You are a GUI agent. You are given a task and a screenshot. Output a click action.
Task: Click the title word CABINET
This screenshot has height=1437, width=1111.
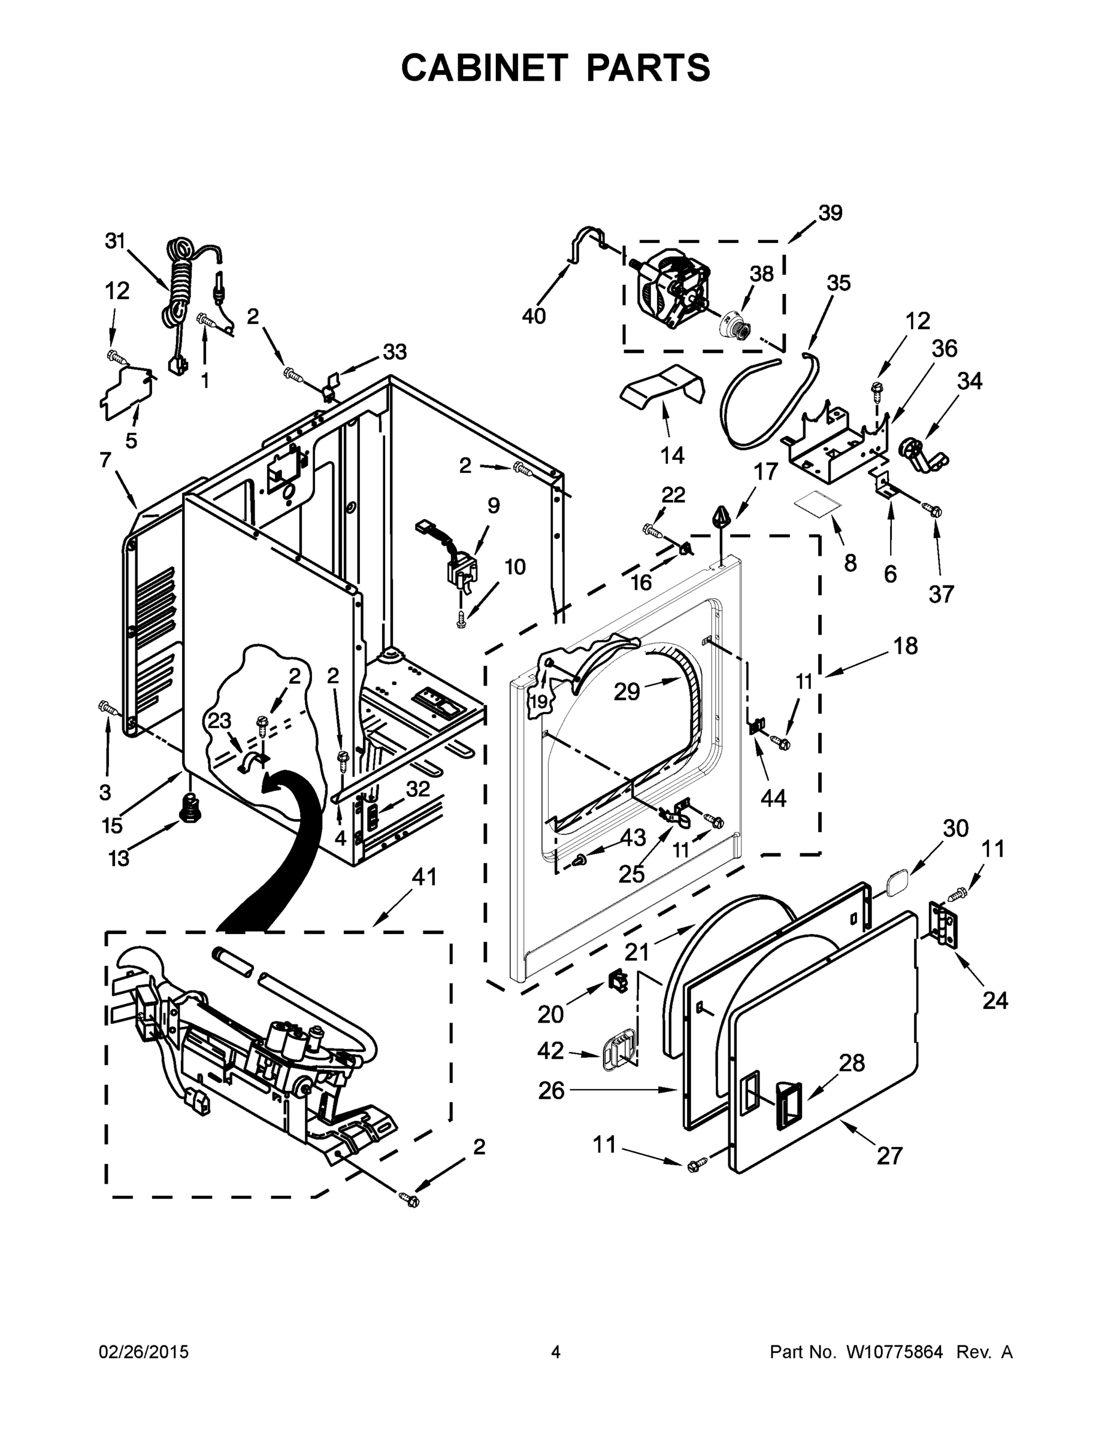point(485,68)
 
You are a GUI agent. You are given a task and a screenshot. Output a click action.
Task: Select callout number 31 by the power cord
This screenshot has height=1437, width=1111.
point(115,241)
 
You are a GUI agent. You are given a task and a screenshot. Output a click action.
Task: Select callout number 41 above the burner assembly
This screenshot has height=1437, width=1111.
point(424,877)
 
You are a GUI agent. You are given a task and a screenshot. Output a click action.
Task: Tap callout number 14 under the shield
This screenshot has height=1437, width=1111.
point(672,454)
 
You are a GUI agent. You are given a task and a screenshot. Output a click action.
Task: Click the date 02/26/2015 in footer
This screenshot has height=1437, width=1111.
point(144,1353)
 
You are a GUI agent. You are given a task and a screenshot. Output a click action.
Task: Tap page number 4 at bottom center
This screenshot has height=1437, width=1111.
point(556,1353)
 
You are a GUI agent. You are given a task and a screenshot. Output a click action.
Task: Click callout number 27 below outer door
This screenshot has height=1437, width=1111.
point(889,1156)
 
